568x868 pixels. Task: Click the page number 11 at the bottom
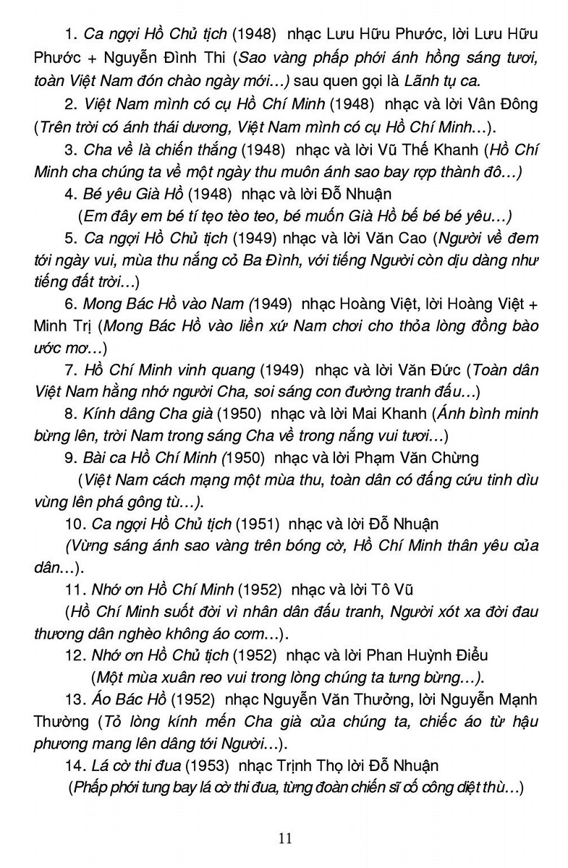284,838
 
